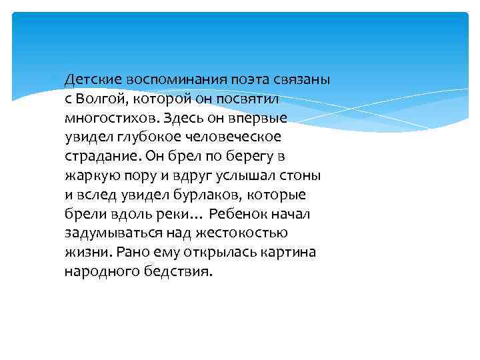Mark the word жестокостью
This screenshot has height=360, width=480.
(x=249, y=233)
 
